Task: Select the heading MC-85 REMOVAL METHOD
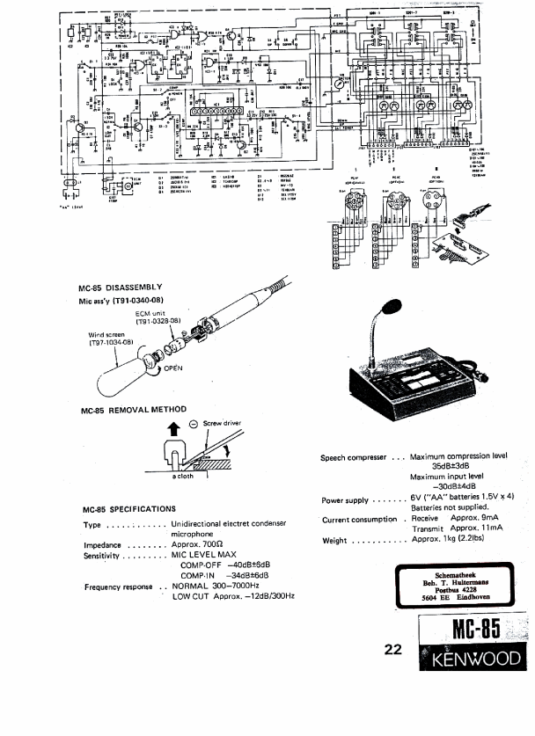[133, 411]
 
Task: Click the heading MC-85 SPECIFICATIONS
[128, 509]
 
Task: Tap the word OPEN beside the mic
[172, 370]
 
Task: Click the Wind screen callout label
[107, 335]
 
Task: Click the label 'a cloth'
[183, 477]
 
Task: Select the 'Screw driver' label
[222, 424]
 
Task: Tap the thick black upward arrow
[171, 430]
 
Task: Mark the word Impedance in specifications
[102, 545]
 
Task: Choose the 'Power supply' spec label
[345, 500]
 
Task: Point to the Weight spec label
[335, 541]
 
